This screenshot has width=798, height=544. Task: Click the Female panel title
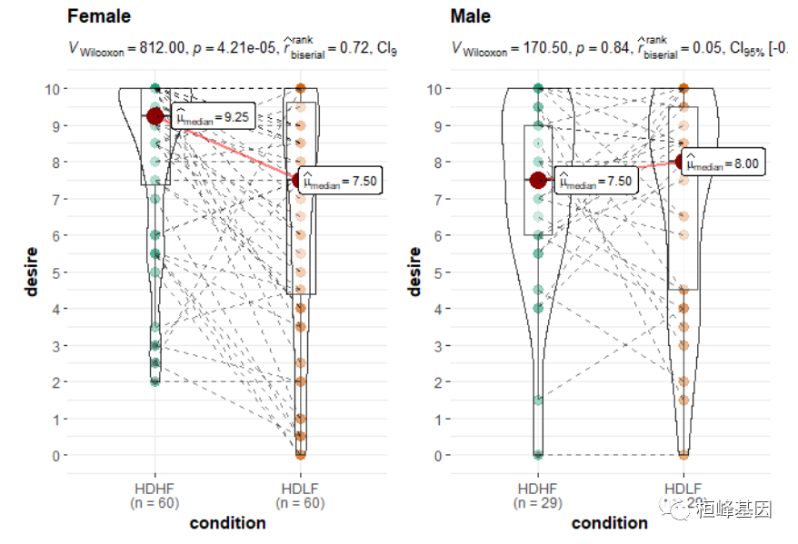click(99, 16)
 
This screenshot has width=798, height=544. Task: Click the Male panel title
click(471, 16)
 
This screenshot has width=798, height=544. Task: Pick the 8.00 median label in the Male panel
click(723, 163)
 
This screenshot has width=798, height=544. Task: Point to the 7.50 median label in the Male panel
click(595, 181)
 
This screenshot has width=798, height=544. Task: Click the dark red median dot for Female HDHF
click(155, 116)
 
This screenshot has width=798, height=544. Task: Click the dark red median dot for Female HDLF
click(301, 181)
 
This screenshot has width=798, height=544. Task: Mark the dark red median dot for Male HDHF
click(538, 180)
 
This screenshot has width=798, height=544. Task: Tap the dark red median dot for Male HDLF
click(683, 163)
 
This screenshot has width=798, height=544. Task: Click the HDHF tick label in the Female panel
click(155, 489)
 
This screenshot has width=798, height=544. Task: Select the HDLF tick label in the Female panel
click(300, 489)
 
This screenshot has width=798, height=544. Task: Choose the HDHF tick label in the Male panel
click(538, 489)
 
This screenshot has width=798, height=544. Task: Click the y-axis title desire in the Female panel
click(31, 271)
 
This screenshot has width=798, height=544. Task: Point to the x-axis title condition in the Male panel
click(610, 523)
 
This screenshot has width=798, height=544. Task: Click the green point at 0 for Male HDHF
click(538, 455)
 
